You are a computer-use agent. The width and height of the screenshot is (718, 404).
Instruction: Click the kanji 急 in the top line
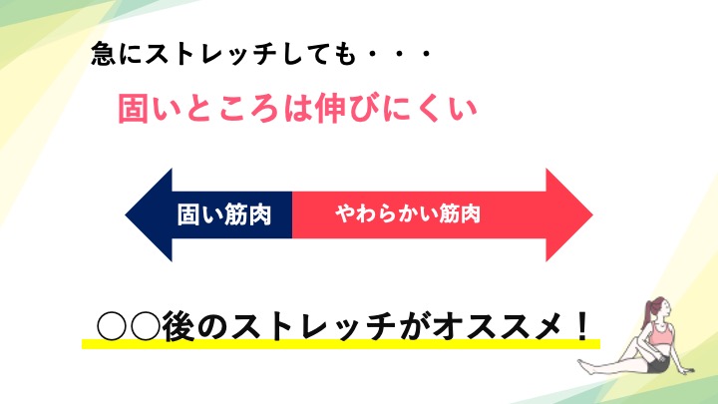click(103, 54)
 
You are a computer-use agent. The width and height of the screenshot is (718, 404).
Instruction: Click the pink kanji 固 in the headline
click(134, 109)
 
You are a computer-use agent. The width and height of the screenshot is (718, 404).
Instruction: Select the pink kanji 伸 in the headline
click(330, 109)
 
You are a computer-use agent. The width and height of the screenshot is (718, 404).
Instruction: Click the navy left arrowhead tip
click(126, 214)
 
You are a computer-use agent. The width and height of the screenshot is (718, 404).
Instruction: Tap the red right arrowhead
click(569, 214)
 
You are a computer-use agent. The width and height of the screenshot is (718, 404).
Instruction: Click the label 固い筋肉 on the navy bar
click(224, 214)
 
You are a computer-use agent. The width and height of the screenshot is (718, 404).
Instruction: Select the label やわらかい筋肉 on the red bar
click(408, 213)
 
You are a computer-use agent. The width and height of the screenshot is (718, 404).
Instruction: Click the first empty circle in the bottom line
click(112, 326)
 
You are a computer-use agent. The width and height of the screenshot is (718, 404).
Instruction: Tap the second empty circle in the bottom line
click(145, 326)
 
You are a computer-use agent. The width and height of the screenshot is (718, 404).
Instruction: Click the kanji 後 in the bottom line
click(179, 326)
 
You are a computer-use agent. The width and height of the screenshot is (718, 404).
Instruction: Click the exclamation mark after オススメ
click(582, 325)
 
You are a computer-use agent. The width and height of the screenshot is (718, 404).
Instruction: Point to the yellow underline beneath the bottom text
click(341, 344)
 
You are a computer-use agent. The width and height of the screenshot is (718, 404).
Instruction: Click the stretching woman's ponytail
click(649, 312)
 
